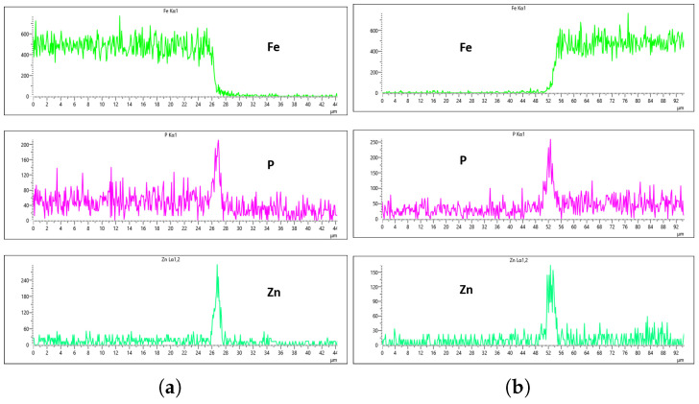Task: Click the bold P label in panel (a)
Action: tap(271, 164)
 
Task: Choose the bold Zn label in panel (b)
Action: tap(466, 289)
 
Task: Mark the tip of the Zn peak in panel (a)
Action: tap(218, 265)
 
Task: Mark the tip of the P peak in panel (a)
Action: tap(218, 140)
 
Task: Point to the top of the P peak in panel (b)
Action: tap(550, 140)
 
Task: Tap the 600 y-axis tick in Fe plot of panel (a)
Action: tap(24, 34)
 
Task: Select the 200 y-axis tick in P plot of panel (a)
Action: tap(24, 143)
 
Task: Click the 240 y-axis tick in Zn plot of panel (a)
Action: tap(24, 280)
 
